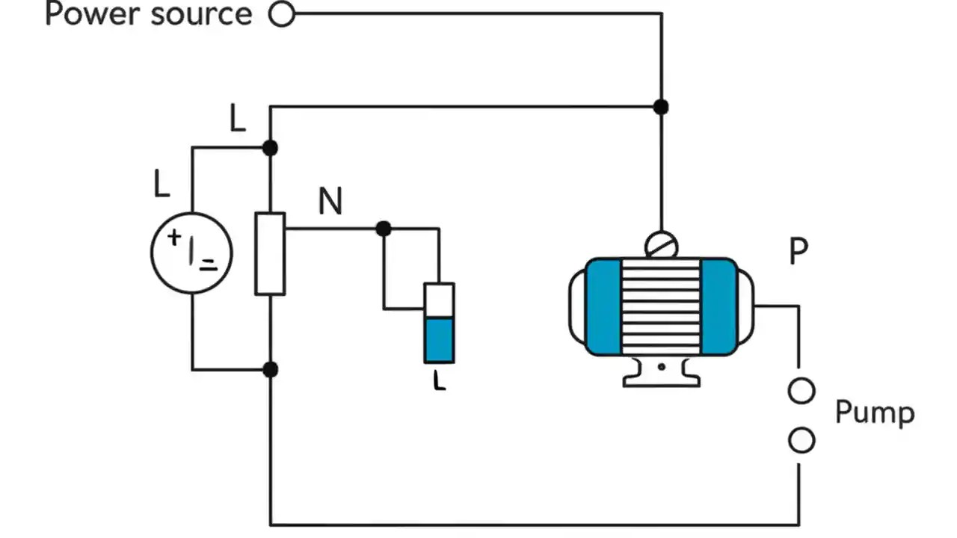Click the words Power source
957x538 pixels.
pos(148,14)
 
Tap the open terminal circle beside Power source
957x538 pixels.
pos(282,13)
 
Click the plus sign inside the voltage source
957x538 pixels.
pos(174,238)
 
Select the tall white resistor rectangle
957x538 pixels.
pos(270,254)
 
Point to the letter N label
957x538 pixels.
pos(330,202)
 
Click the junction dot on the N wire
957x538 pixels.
pos(384,229)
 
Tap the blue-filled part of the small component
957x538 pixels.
pos(439,340)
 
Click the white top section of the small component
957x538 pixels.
pos(439,300)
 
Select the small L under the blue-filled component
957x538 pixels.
pos(439,382)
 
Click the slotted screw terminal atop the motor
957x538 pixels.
pos(661,244)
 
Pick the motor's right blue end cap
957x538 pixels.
pos(718,306)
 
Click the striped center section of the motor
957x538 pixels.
pos(661,306)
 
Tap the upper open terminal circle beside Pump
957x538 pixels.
pos(801,391)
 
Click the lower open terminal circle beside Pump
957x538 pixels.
pos(801,441)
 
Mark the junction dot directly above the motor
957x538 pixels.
pos(660,107)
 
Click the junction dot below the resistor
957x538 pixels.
pos(271,369)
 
